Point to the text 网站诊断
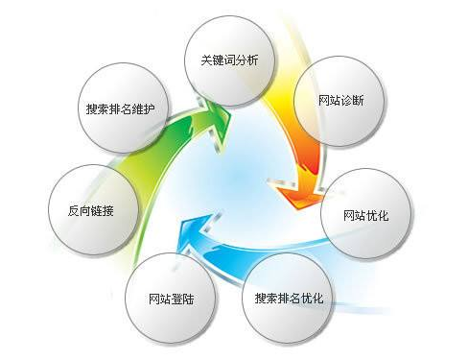[x=339, y=100]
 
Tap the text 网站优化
[x=364, y=214]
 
